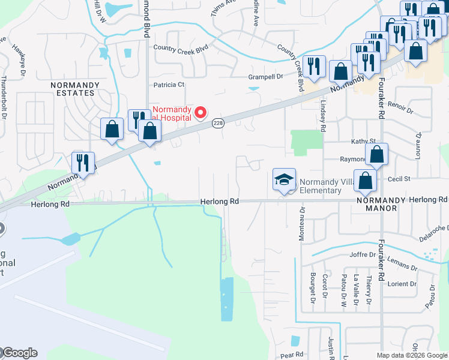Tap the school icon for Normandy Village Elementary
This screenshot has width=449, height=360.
pyautogui.click(x=284, y=179)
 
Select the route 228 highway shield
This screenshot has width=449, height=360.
pyautogui.click(x=218, y=123)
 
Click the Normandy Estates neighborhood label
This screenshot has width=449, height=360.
pyautogui.click(x=72, y=89)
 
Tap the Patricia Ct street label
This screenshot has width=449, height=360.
pyautogui.click(x=169, y=85)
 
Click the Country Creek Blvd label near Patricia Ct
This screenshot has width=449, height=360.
pyautogui.click(x=180, y=47)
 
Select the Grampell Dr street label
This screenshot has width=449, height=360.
pyautogui.click(x=266, y=77)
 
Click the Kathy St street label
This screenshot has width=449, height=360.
pyautogui.click(x=363, y=141)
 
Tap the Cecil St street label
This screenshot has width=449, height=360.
pyautogui.click(x=399, y=179)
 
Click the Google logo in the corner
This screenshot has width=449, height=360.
pyautogui.click(x=19, y=353)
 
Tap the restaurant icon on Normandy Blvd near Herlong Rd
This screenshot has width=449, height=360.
pyautogui.click(x=82, y=162)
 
